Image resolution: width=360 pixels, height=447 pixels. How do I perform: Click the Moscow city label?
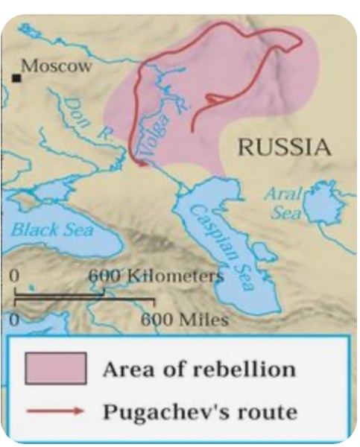click(x=56, y=66)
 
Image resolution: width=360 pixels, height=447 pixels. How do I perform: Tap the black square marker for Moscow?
click(x=15, y=77)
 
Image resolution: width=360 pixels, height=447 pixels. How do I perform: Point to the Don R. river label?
click(x=83, y=118)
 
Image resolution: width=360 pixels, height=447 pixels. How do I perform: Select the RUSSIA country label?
click(x=283, y=147)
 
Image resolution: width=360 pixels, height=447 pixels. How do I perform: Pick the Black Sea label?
click(x=51, y=229)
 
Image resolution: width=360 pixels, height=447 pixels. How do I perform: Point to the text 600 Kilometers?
click(x=156, y=276)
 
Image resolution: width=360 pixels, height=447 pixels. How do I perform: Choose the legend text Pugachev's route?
click(x=199, y=411)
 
